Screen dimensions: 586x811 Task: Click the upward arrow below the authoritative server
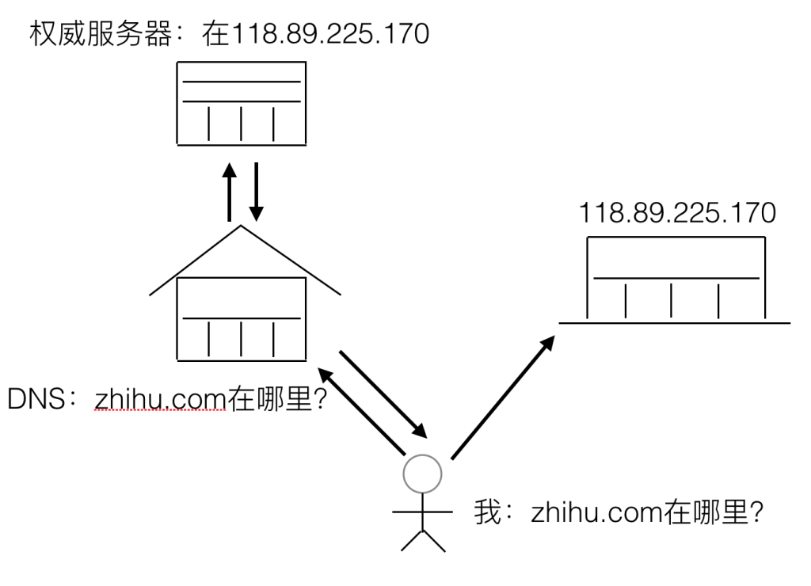[x=229, y=192]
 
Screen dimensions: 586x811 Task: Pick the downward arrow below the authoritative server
[x=255, y=192]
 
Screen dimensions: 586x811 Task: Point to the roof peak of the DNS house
[x=242, y=227]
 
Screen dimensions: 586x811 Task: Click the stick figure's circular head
[x=421, y=473]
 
